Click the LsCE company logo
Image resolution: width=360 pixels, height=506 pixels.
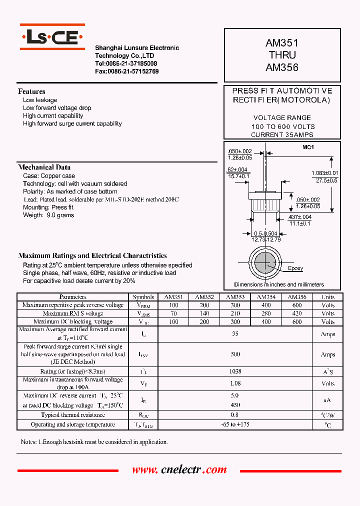click(52, 37)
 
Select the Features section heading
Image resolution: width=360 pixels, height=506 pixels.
click(31, 91)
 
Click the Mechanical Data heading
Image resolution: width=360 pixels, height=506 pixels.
click(44, 167)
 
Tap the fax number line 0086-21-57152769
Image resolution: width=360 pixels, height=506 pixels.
click(127, 71)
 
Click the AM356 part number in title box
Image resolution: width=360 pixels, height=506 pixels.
click(282, 67)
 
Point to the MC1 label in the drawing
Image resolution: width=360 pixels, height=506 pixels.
click(307, 147)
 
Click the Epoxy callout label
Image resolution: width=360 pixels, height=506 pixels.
click(295, 268)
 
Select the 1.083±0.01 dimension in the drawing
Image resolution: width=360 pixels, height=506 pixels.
click(324, 173)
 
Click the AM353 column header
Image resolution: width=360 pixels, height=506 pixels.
click(235, 297)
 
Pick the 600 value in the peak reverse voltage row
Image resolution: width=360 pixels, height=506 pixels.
click(297, 305)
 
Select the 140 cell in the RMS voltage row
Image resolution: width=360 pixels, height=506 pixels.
click(204, 313)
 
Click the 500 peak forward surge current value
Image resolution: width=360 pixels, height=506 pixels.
click(235, 354)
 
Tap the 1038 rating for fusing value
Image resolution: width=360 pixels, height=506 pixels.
click(235, 371)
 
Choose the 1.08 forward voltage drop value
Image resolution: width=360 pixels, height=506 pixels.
click(235, 383)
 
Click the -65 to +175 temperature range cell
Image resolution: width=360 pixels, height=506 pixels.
click(235, 424)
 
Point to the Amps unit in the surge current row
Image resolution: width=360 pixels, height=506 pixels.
click(328, 354)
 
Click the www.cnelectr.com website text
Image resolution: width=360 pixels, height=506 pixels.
click(179, 470)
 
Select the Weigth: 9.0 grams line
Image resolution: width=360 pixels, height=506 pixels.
click(48, 215)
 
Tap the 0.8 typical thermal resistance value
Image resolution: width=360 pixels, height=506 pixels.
click(235, 415)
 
